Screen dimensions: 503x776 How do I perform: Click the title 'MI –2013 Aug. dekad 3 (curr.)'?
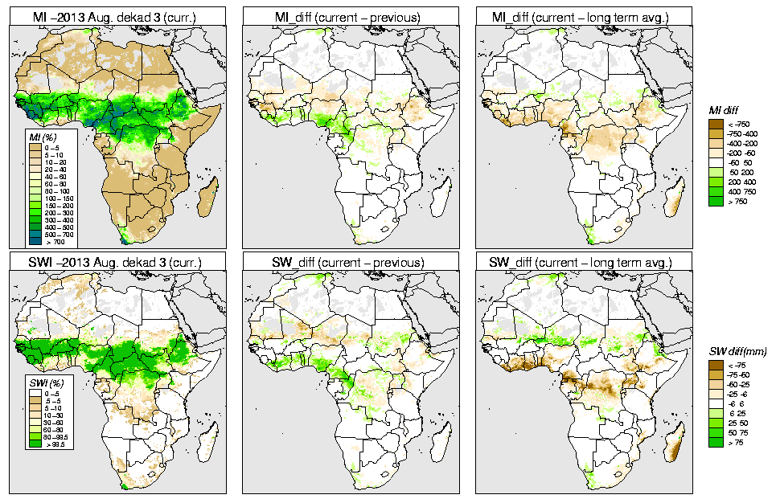(117, 14)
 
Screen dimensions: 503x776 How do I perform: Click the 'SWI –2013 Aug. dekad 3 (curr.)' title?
(117, 262)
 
